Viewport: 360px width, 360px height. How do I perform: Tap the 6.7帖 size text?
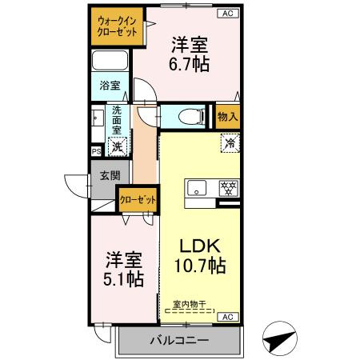click(190, 63)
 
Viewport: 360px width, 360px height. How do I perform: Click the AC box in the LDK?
click(226, 317)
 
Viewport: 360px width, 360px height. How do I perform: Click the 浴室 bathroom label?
click(109, 83)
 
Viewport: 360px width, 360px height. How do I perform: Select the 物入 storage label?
click(228, 117)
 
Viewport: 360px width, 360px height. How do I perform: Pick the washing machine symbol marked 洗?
click(118, 146)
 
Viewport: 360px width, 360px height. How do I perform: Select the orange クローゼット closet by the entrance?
click(137, 199)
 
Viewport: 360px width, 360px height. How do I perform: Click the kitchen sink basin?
click(197, 190)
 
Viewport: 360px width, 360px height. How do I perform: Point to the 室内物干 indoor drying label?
click(190, 305)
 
